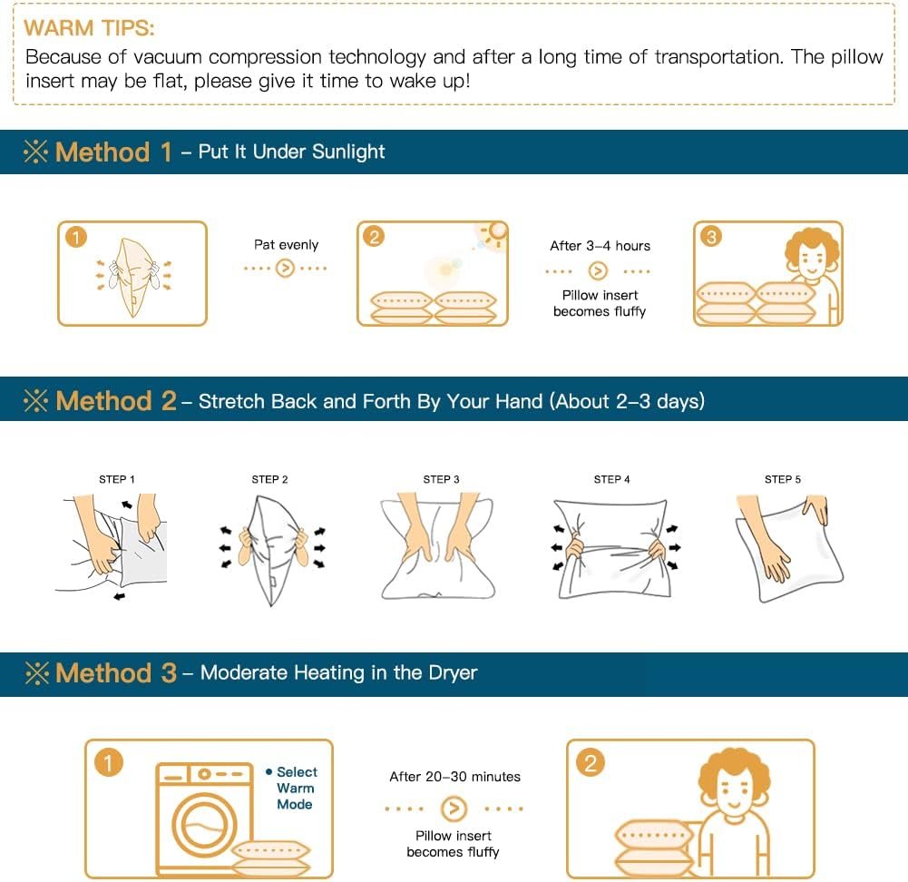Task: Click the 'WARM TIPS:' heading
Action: (89, 28)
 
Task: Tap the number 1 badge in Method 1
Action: (76, 237)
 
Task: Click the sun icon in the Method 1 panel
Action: (496, 231)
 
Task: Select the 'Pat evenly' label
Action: (286, 245)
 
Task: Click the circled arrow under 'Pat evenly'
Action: (285, 268)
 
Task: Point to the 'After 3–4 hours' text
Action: (600, 246)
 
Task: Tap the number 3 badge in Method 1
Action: (711, 236)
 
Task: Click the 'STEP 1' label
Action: (116, 479)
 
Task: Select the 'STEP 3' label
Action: (441, 479)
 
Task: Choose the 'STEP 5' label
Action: (782, 479)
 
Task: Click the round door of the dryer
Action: (204, 824)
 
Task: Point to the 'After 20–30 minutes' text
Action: (454, 777)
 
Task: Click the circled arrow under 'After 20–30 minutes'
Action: (454, 808)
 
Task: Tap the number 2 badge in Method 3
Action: (591, 763)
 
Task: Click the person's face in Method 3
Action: (733, 791)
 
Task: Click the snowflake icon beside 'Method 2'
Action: (36, 400)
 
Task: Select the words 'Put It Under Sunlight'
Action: (291, 152)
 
